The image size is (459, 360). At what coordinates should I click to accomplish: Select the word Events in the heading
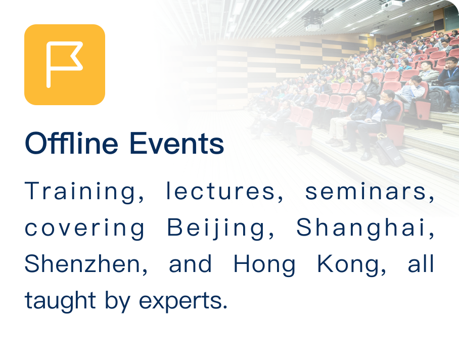pos(176,144)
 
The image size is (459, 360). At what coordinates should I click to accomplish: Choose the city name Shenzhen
pos(86,264)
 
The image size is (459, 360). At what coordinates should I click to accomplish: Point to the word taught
pos(60,301)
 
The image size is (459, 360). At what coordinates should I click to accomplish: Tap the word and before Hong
pos(190,264)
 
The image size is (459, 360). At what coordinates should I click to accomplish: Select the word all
pos(421,264)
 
